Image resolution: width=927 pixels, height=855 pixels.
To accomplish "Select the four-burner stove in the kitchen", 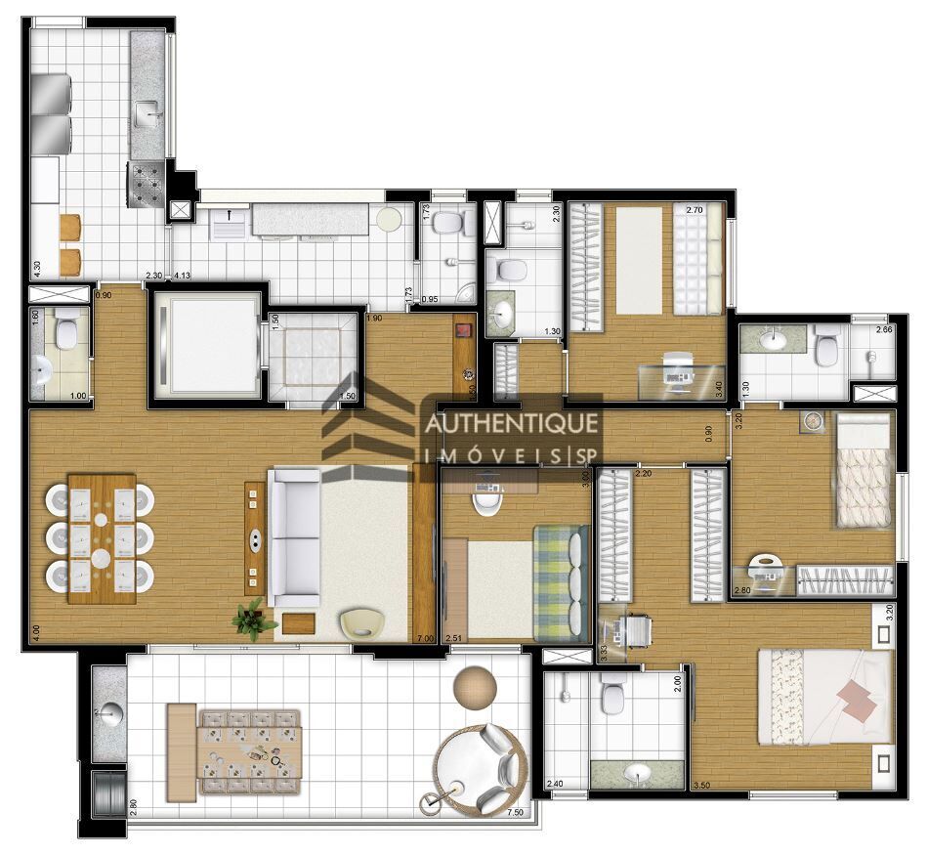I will coord(147,183).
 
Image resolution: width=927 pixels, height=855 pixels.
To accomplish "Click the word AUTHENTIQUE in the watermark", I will coord(509,424).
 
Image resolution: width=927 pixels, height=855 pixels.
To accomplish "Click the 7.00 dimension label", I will coord(425,638).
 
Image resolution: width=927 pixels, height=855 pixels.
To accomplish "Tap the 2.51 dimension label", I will coord(453,638).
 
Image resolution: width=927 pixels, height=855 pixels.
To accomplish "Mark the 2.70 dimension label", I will coord(695,209).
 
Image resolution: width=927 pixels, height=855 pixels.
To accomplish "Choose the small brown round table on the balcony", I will coord(476,685).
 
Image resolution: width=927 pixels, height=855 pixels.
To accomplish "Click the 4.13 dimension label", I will coord(182,277).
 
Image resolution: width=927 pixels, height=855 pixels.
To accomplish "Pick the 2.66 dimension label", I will coord(884,330).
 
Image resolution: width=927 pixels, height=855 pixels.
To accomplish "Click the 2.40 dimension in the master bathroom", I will coord(555,785).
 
